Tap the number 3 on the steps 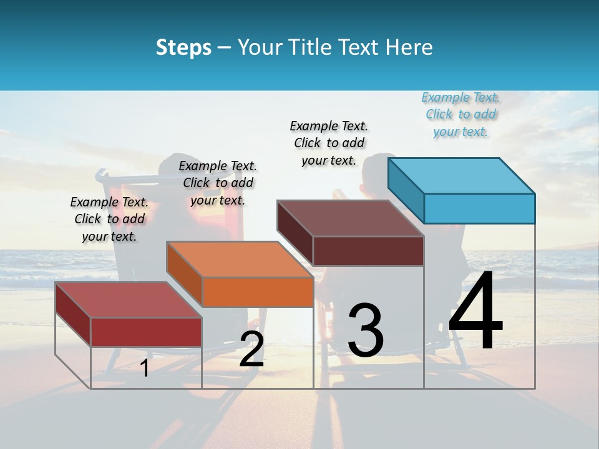coord(366,331)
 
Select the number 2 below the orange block coord(251,349)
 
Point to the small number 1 coord(145,368)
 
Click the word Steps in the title coord(183,47)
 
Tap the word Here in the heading coord(410,47)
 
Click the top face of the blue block coord(461,175)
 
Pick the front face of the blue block coord(479,208)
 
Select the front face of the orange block coord(258,292)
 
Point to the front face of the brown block coord(368,251)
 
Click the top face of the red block coord(129,300)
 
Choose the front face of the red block coord(146,332)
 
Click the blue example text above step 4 coord(461,115)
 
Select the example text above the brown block coord(329,143)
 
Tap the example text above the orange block coord(218,183)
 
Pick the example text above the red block coord(109,219)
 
